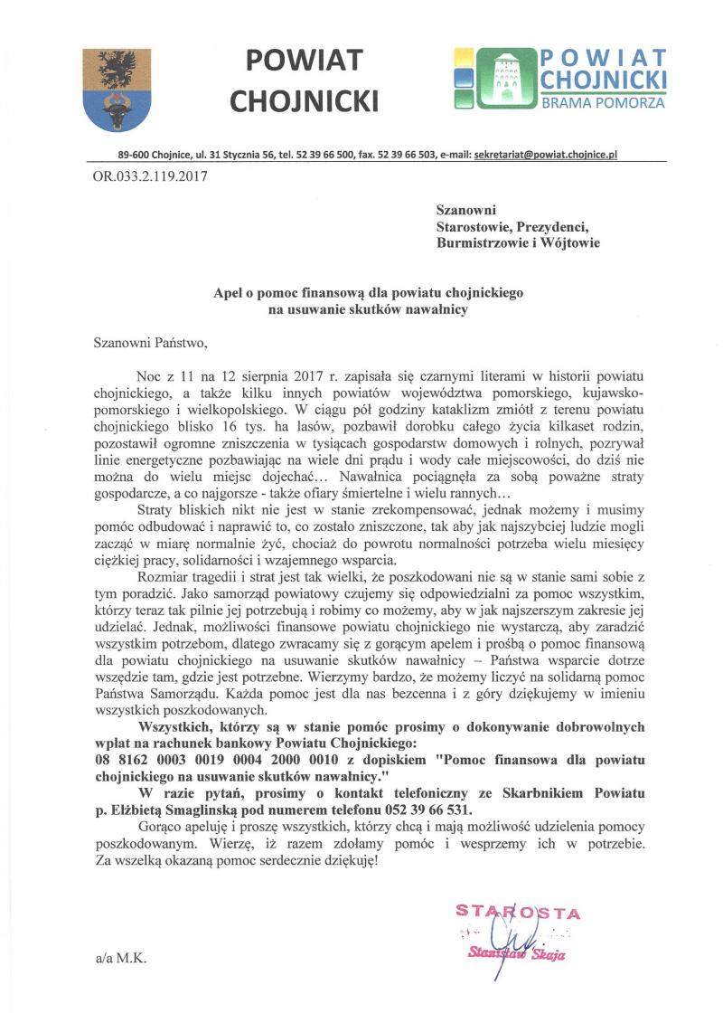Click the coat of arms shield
click(x=115, y=90)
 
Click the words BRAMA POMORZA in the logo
click(x=603, y=103)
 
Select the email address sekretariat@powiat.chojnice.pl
click(x=545, y=156)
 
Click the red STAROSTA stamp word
click(x=518, y=913)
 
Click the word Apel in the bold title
click(x=227, y=293)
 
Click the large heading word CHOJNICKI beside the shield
click(x=304, y=99)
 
